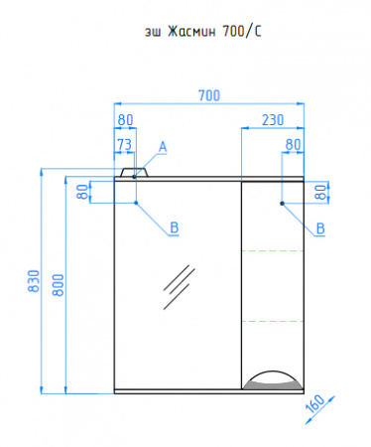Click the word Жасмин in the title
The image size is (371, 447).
[x=191, y=32]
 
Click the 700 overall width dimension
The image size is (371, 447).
[x=209, y=95]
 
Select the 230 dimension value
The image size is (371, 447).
[x=273, y=120]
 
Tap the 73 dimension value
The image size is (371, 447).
[x=124, y=144]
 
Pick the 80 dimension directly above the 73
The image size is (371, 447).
[x=126, y=120]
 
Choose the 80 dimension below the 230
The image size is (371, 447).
[x=293, y=144]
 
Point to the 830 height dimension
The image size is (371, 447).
[x=34, y=281]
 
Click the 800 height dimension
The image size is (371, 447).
[x=59, y=285]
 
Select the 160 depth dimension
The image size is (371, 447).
[x=315, y=404]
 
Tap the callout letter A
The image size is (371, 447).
[x=163, y=147]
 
